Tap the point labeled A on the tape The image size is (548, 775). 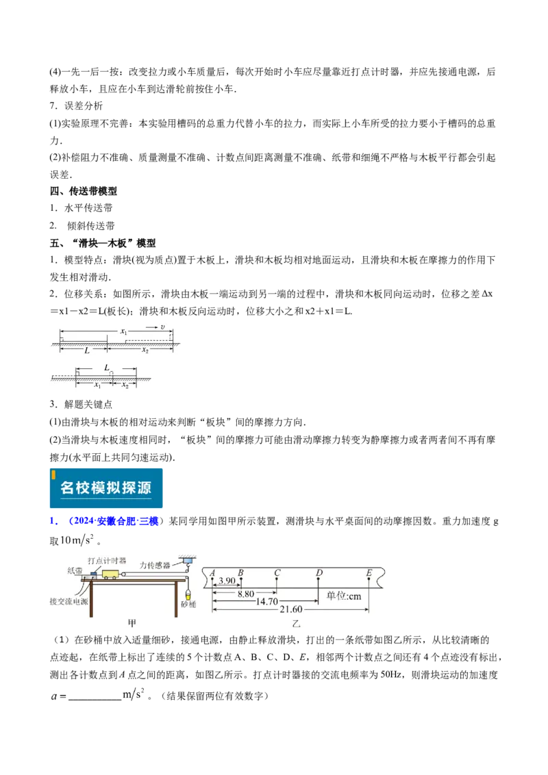213,572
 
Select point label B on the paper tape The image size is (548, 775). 240,572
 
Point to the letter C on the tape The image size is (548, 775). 277,572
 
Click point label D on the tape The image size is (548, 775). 319,572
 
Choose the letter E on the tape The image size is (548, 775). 369,572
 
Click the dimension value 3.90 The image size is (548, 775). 227,581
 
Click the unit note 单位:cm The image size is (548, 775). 344,596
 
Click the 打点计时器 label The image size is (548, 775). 108,560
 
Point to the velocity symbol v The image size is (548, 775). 162,327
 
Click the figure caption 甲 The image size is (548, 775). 133,623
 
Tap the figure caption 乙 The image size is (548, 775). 296,624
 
